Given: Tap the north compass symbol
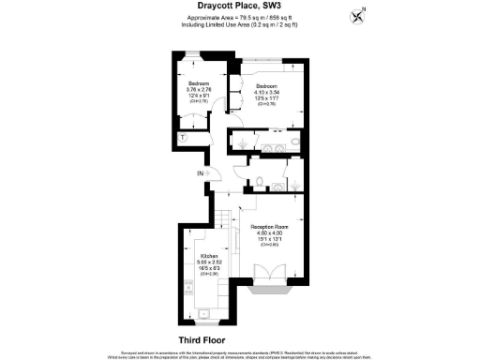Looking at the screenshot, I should click(x=357, y=15).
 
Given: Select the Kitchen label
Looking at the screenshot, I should click(x=209, y=254).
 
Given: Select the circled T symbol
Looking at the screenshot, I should click(x=184, y=138).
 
